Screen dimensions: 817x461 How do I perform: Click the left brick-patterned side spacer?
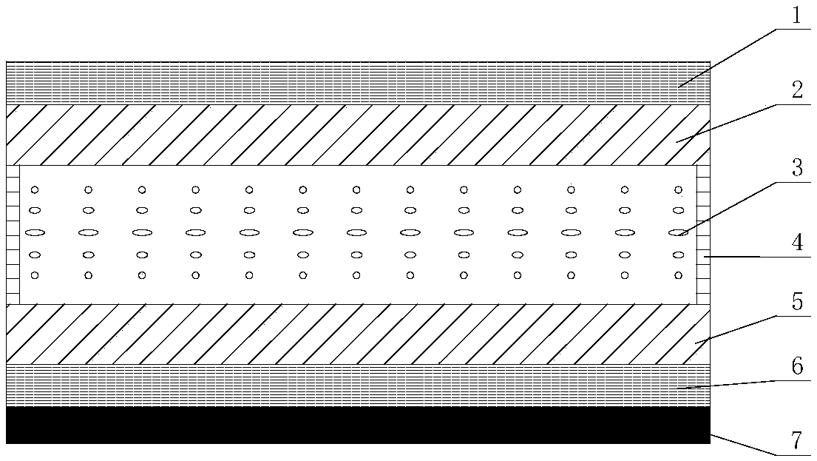click(13, 234)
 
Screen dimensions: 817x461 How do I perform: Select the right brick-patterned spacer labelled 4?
click(703, 234)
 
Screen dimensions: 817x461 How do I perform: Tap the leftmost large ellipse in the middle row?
click(35, 232)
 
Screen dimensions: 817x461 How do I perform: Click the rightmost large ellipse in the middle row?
click(678, 232)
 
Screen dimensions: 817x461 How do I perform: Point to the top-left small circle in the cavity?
click(35, 189)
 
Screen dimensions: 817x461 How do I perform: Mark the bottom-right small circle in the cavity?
click(678, 275)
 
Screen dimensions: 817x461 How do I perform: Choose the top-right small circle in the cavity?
click(678, 189)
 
